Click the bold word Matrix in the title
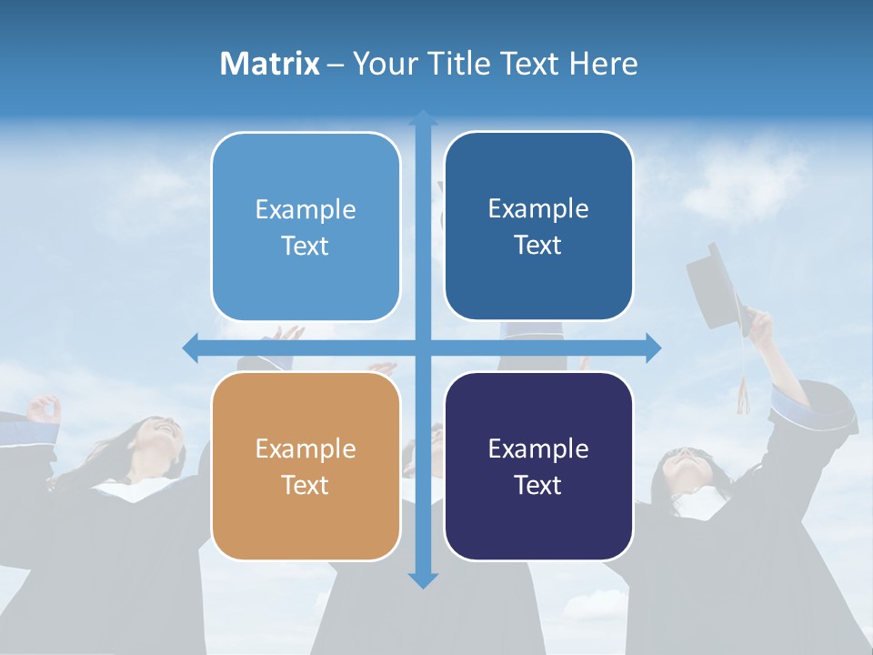(270, 64)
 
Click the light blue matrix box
(306, 227)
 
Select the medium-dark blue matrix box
(538, 227)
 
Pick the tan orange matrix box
(306, 466)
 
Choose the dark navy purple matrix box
(538, 466)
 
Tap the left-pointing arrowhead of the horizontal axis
(191, 348)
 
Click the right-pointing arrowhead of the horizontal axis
(653, 348)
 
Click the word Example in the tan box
(306, 448)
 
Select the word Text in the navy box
(538, 485)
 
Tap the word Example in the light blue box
(306, 210)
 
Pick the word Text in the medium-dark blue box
(538, 246)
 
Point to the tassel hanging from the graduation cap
(743, 391)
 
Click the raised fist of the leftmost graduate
(44, 408)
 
